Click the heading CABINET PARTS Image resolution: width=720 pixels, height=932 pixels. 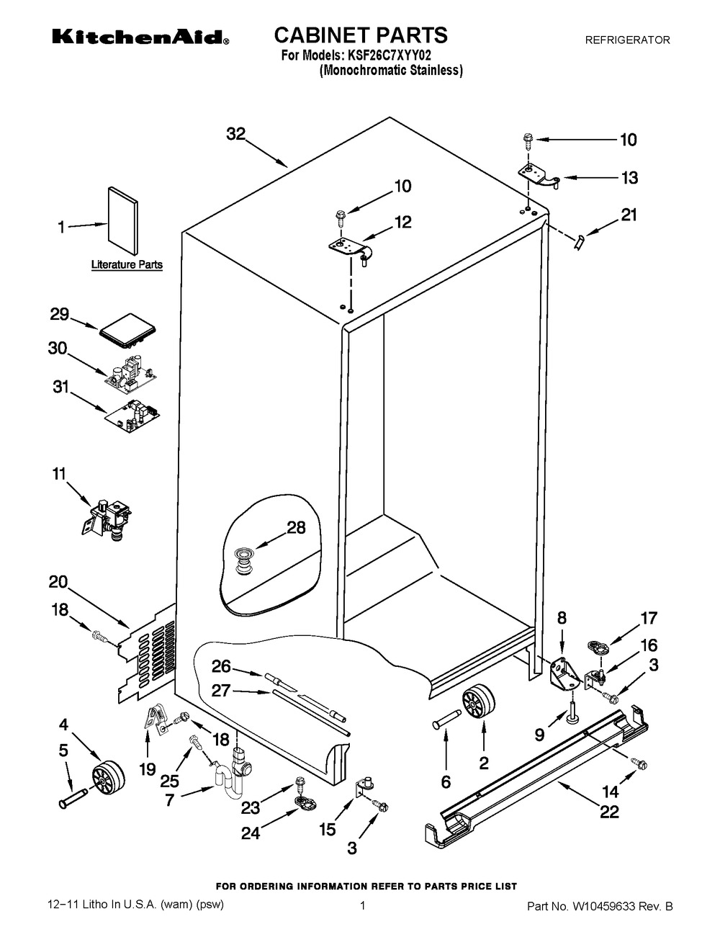(x=361, y=35)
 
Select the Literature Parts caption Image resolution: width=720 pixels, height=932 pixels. (x=126, y=265)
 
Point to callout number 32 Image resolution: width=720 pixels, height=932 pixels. (x=235, y=134)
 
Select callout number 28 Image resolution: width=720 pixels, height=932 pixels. (x=296, y=528)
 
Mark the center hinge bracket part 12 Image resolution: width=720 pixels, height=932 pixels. (x=349, y=248)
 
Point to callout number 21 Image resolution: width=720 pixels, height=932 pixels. (x=629, y=215)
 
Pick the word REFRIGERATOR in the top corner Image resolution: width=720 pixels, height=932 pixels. (x=626, y=40)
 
